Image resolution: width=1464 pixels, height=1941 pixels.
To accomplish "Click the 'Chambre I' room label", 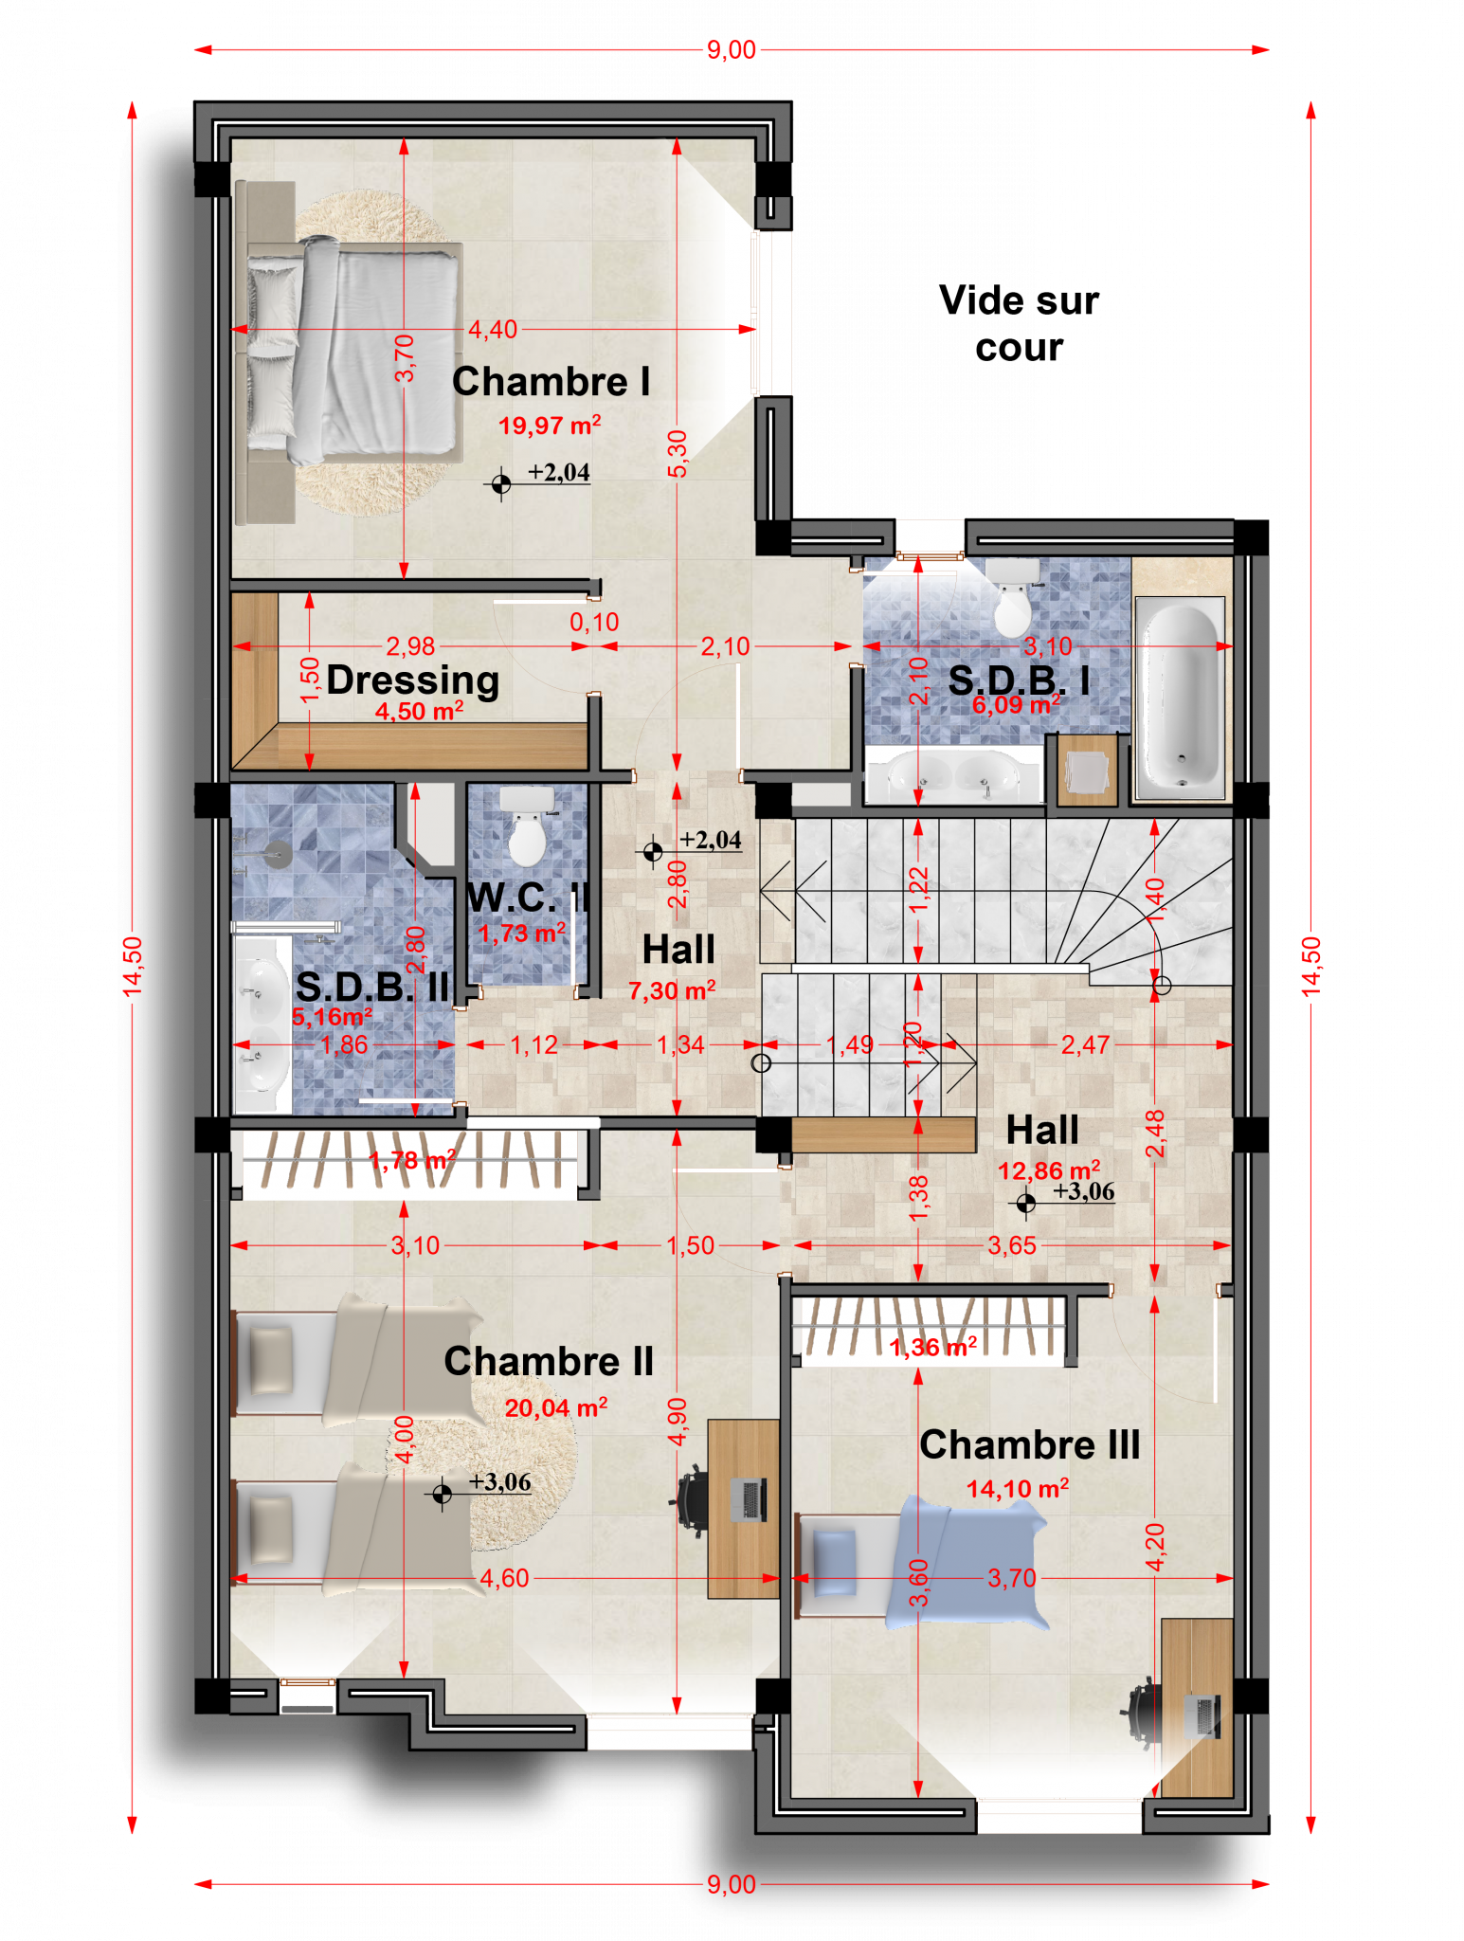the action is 551,381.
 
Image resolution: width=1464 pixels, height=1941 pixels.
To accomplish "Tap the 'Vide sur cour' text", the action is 1019,323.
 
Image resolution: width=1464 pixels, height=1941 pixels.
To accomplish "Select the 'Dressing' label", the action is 413,680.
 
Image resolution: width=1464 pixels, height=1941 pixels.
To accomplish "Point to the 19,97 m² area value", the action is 550,425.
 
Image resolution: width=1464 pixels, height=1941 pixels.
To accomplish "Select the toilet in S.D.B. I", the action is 1012,597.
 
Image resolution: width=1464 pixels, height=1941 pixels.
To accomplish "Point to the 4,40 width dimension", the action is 494,330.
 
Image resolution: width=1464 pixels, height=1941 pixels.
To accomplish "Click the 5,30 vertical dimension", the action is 678,455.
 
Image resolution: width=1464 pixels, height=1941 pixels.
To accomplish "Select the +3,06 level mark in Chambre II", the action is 499,1481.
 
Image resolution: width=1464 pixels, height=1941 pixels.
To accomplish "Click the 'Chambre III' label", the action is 1029,1445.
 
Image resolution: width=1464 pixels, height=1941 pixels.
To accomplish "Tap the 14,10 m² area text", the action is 1018,1488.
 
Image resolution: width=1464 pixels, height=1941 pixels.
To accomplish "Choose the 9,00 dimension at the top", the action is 732,49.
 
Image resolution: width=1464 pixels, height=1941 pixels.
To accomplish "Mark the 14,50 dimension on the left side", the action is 132,966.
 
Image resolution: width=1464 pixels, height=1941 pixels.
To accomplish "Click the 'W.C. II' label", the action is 529,898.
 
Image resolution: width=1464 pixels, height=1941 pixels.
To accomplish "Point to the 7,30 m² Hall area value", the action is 672,990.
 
